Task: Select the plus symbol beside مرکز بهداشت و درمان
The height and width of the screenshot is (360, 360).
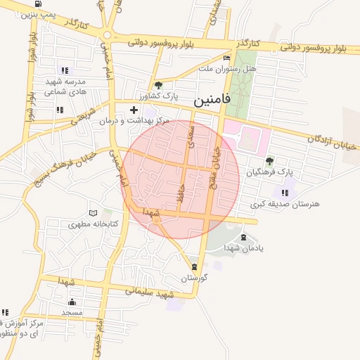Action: coord(134,110)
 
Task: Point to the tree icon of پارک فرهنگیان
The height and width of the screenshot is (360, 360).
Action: coord(269,161)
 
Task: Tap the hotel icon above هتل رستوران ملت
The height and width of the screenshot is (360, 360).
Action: coord(226,58)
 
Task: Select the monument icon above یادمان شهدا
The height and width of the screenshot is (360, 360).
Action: coord(244,238)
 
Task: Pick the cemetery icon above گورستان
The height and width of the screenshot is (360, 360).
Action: coord(194,266)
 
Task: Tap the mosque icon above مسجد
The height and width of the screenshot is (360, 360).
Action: coord(72,301)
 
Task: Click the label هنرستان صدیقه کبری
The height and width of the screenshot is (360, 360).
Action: coord(285,204)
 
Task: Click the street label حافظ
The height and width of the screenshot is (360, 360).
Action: coord(181,194)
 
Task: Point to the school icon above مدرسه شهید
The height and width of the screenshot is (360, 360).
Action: coord(65,70)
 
